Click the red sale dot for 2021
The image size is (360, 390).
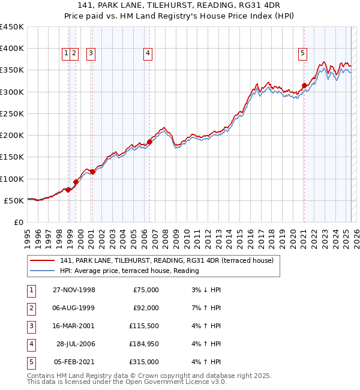[304, 86]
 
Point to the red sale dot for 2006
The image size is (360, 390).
[149, 142]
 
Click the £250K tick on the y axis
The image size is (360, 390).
[12, 113]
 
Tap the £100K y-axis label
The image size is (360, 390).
[12, 179]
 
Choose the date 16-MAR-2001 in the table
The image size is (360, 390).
[74, 326]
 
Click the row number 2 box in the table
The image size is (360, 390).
[30, 308]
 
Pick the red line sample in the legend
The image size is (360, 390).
[42, 260]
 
